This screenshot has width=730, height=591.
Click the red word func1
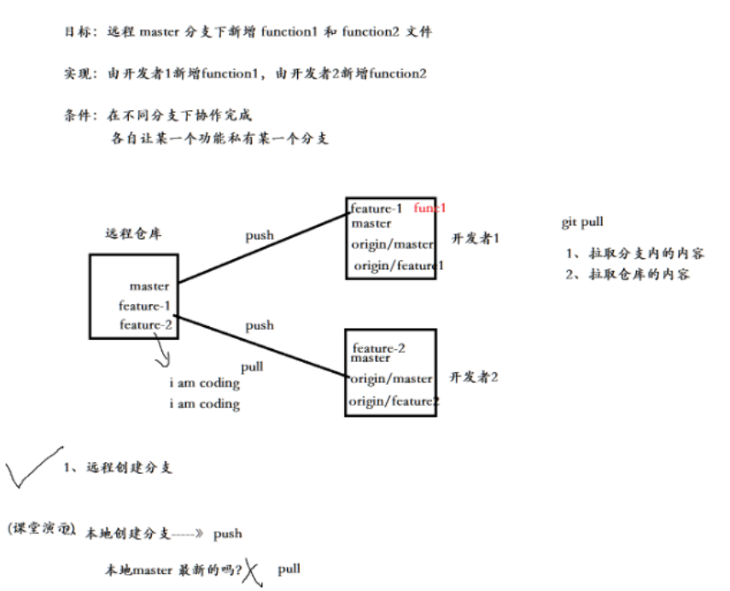coord(430,208)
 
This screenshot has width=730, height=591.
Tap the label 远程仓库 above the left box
coord(132,233)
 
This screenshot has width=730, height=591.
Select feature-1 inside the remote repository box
coord(145,306)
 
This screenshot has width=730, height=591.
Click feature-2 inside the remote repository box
coord(145,325)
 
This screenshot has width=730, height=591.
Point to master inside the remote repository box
coord(149,286)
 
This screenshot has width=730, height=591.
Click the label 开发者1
coord(475,238)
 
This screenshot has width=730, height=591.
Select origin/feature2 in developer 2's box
coord(394,401)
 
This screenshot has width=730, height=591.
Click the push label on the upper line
coord(260,235)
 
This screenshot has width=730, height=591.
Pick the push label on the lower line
coord(260,325)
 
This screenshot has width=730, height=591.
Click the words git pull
coord(582,222)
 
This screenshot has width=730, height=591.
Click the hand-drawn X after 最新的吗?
coord(251,571)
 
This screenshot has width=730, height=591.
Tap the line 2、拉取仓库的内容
coord(628,274)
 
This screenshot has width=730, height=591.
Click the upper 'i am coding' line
coord(204,383)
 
